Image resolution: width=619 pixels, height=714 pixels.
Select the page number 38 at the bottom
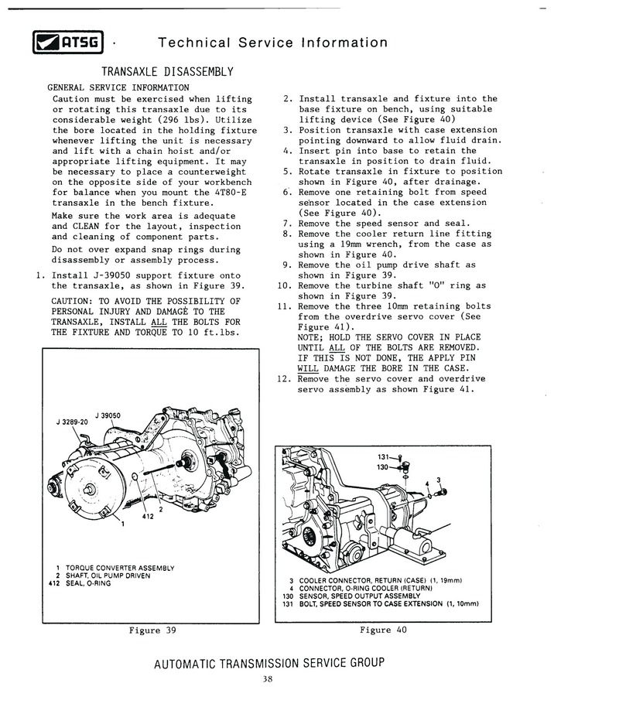click(x=268, y=680)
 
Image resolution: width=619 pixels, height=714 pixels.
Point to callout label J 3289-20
click(x=73, y=422)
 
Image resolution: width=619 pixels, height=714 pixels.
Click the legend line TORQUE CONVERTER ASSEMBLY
click(x=115, y=568)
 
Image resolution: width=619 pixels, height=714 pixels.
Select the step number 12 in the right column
click(x=282, y=379)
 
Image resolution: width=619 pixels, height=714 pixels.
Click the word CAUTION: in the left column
click(x=75, y=301)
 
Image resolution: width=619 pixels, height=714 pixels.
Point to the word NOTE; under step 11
click(x=313, y=337)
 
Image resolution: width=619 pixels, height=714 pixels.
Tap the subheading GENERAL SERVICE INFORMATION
click(x=118, y=87)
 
